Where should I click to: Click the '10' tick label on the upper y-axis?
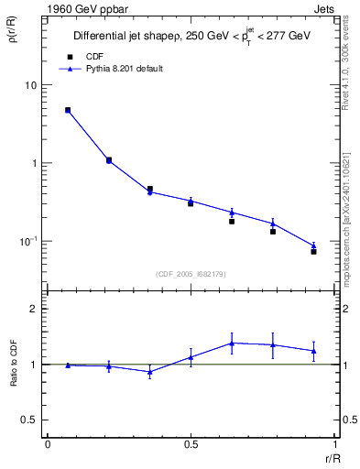click(31, 85)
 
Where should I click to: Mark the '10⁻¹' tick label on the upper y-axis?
click(29, 242)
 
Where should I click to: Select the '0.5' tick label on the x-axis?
click(191, 443)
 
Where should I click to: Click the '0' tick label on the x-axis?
click(48, 443)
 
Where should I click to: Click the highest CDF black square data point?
click(68, 110)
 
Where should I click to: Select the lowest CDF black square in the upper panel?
click(313, 251)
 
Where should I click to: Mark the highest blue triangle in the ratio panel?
click(232, 343)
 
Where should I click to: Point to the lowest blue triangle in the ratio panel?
click(149, 372)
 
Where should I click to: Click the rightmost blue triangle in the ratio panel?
click(313, 351)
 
